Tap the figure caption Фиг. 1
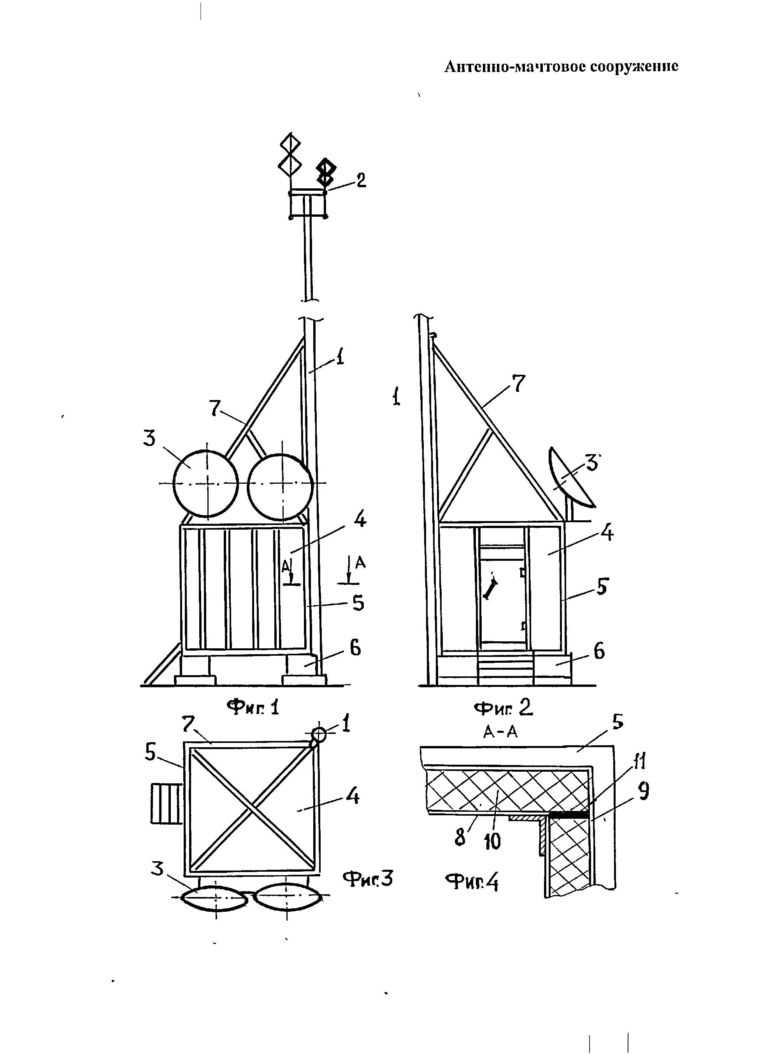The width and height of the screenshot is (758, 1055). coord(253,707)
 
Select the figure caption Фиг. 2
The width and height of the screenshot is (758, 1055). coord(503,707)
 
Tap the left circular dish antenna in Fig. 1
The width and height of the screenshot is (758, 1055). coord(205,484)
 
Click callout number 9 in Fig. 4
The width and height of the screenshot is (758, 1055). coord(643,791)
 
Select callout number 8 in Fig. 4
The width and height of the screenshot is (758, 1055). coord(460,837)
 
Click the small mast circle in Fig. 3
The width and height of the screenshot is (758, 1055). coord(319,734)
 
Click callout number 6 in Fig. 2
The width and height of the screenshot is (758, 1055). coord(599,651)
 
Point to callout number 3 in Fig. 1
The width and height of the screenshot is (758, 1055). coord(149,438)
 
